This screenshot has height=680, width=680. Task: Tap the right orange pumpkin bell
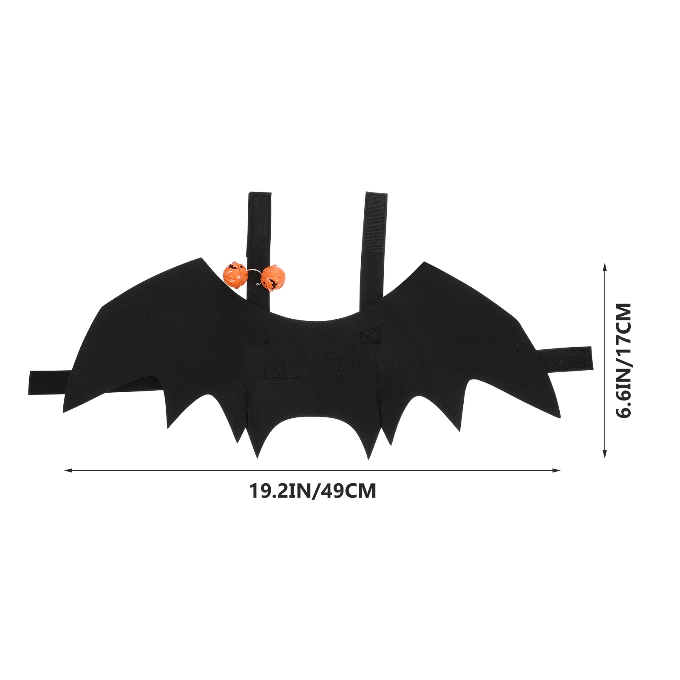272,278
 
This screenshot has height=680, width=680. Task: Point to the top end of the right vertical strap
376,196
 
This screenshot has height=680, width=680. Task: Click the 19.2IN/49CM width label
312,491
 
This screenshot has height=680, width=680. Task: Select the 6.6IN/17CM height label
623,360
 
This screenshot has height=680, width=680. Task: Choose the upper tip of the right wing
424,263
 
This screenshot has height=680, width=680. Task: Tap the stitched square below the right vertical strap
370,335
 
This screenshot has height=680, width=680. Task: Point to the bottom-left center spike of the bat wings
257,456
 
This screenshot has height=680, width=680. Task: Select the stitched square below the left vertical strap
258,335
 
